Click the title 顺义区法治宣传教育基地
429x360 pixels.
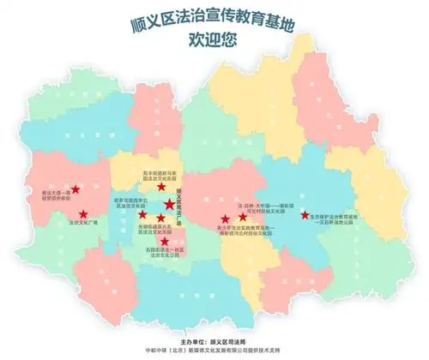click(x=214, y=23)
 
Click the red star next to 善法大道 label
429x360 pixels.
click(x=76, y=189)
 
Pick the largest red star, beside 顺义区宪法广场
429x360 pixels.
click(x=169, y=204)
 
